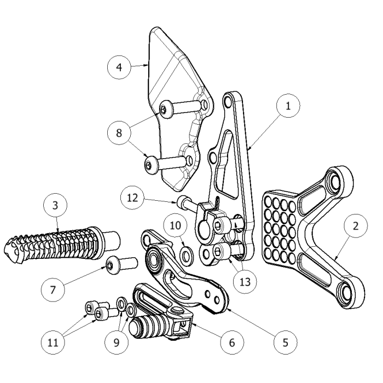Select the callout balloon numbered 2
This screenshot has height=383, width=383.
[356, 225]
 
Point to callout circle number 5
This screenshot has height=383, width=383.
[285, 343]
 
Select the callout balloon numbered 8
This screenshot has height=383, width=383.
[119, 132]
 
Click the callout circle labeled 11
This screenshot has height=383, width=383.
[53, 343]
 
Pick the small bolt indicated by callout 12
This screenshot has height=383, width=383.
[185, 201]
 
